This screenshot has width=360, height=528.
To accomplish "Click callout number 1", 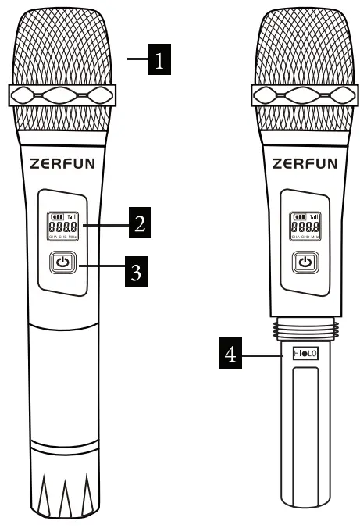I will click(159, 59).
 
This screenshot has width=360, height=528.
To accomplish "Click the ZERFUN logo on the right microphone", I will click(305, 164).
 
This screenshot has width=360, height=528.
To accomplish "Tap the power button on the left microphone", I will click(62, 263).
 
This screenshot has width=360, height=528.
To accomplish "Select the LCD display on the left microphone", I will click(62, 226).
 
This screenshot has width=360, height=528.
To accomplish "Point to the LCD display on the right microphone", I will click(304, 226).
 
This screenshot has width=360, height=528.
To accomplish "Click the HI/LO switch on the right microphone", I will click(305, 354).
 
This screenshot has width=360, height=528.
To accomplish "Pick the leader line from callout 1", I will click(137, 59).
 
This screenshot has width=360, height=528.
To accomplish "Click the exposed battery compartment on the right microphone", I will click(304, 430).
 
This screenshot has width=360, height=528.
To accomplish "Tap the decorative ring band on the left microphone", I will click(62, 95).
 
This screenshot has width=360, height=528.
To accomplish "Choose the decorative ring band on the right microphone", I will click(305, 95).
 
